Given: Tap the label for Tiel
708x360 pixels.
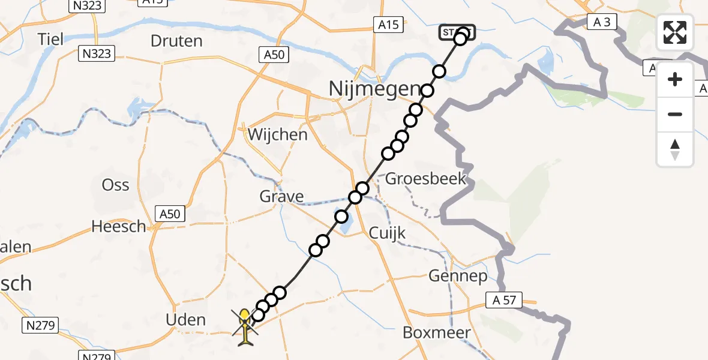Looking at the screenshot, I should click(x=50, y=39).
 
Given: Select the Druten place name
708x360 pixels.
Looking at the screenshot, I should click(x=176, y=41).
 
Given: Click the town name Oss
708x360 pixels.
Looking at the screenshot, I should click(x=115, y=184).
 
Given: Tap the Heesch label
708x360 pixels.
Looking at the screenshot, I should click(x=119, y=226).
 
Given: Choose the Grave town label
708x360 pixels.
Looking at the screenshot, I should click(x=281, y=196).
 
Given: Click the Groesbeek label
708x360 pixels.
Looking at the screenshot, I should click(x=425, y=178).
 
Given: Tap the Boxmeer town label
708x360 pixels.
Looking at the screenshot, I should click(x=436, y=332).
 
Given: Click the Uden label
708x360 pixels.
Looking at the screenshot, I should click(x=185, y=320).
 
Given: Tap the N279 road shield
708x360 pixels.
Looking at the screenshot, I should click(x=41, y=326).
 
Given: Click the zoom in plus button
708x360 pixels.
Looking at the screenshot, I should click(x=675, y=80).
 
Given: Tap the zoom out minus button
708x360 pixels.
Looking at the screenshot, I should click(x=675, y=114).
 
